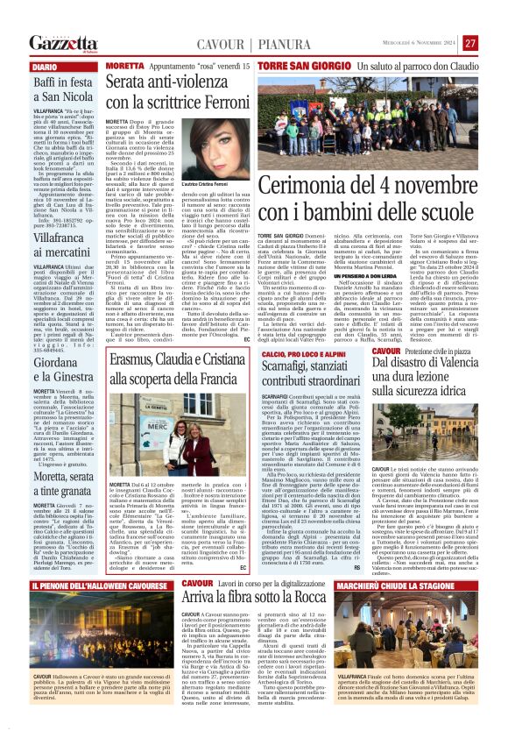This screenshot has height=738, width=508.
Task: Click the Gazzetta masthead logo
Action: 61,42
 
